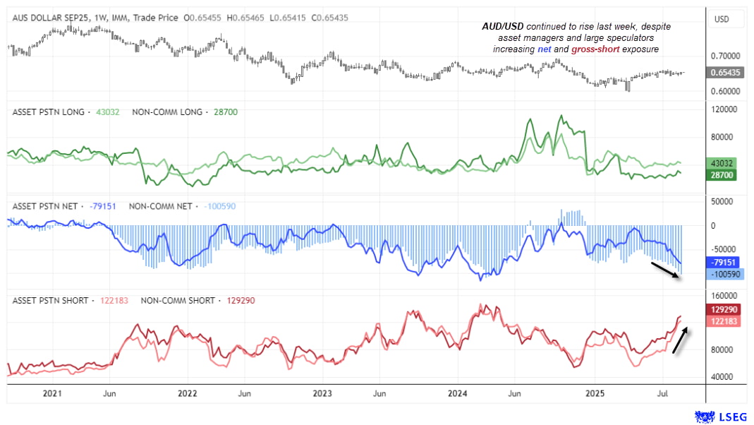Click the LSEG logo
tap(720, 417)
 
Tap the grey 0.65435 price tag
tap(724, 73)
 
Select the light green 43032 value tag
tap(724, 163)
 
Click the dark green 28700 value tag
tap(724, 174)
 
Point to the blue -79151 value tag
tap(724, 262)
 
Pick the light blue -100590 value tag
tap(724, 274)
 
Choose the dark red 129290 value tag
tap(724, 310)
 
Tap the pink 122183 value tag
tap(724, 321)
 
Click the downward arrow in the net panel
tap(665, 271)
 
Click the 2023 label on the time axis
tap(322, 393)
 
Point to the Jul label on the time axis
tap(664, 393)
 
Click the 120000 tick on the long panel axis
tap(724, 109)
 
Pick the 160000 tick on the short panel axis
tap(724, 297)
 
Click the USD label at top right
tap(722, 19)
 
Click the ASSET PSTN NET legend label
tap(45, 206)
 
